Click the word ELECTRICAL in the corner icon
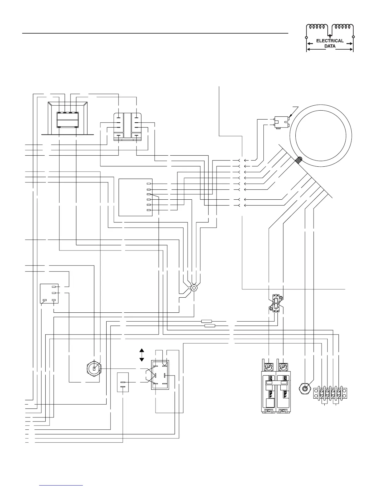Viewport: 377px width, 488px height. (330, 41)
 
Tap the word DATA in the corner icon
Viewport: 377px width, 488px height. (330, 46)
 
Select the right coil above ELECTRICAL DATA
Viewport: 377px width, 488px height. (343, 27)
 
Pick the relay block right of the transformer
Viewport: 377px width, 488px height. (128, 127)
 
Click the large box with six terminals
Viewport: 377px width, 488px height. (136, 197)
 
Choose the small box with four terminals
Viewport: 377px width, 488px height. (49, 294)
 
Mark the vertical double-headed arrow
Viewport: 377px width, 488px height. (142, 355)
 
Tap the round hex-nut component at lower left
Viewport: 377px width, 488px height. (94, 368)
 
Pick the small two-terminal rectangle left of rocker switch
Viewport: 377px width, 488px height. (123, 382)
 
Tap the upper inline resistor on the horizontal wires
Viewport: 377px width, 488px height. (206, 321)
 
